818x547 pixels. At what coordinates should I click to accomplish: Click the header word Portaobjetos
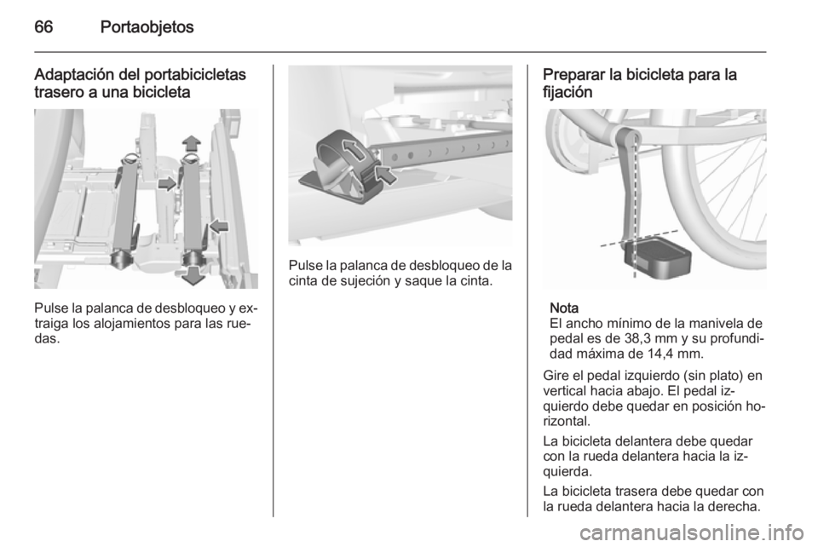coord(147,27)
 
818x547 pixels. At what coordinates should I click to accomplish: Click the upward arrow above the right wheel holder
coord(191,141)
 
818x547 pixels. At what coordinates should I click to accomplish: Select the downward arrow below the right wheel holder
coord(193,274)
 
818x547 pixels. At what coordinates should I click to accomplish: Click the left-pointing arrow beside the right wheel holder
coord(220,226)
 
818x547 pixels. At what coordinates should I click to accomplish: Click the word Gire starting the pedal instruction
coord(555,375)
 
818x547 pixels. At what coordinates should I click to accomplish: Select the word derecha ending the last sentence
coord(739,506)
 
